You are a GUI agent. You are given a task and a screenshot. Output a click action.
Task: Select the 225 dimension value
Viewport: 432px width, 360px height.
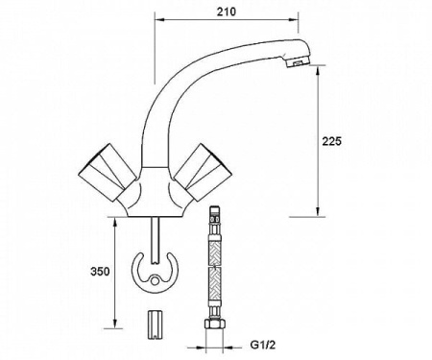tap(330, 140)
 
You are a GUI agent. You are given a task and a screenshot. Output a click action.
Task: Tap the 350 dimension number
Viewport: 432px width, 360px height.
tap(99, 272)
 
